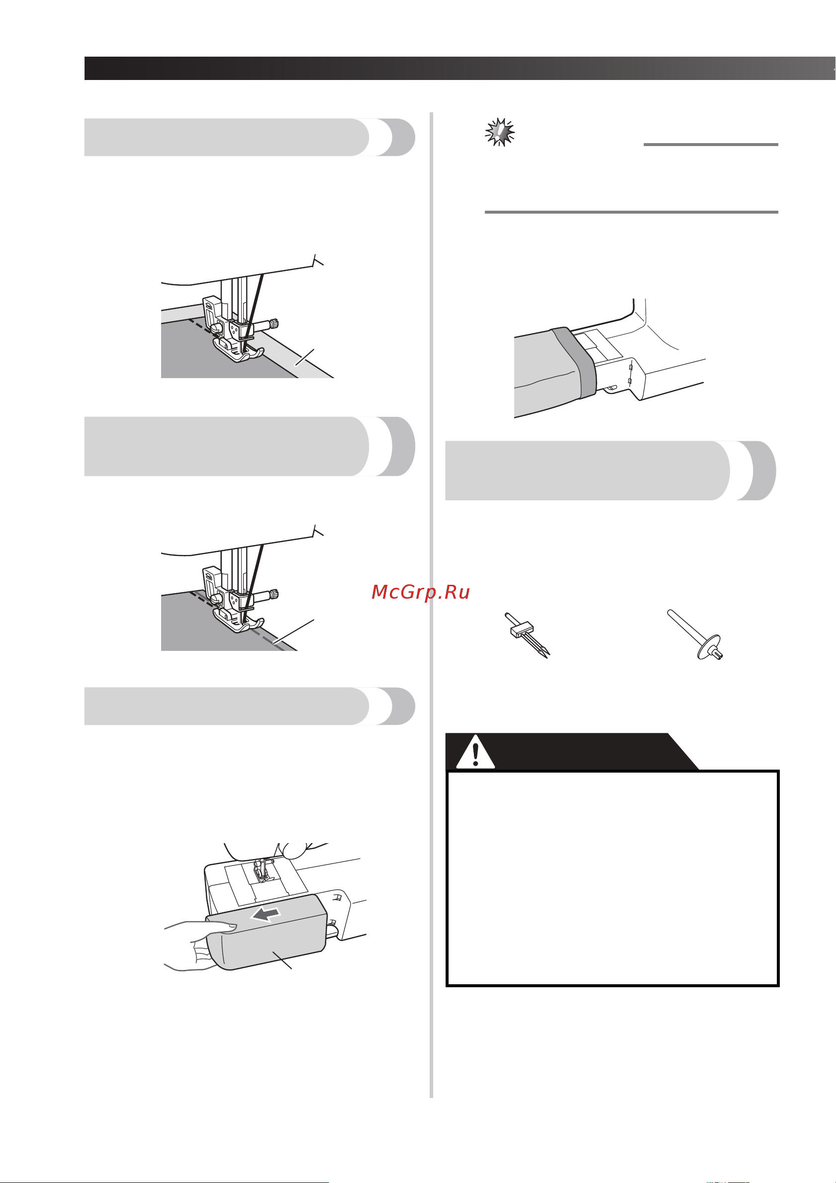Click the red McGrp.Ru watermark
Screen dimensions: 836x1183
coord(420,592)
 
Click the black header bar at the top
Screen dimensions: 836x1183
coord(460,68)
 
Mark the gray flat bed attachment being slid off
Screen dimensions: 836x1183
coord(266,933)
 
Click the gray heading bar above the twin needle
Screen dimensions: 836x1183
coord(611,471)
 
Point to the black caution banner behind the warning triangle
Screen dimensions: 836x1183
coord(572,751)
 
